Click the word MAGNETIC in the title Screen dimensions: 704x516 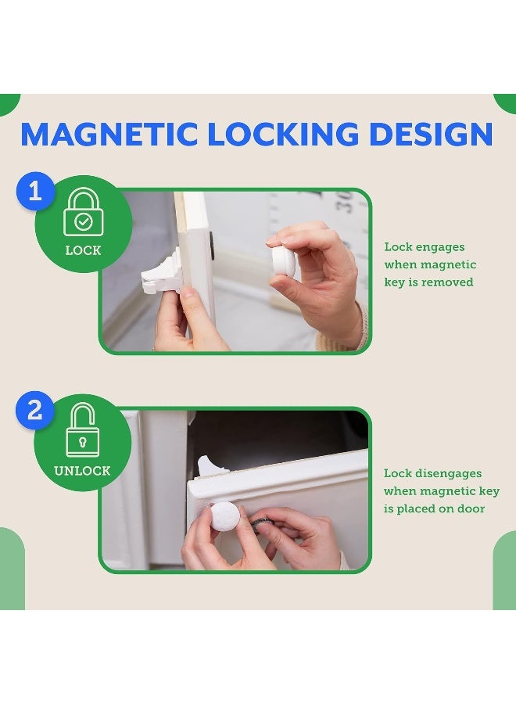pyautogui.click(x=109, y=135)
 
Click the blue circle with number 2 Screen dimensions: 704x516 pyautogui.click(x=35, y=411)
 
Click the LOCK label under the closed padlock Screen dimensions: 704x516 pyautogui.click(x=83, y=251)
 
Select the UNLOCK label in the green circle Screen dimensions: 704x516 pyautogui.click(x=82, y=471)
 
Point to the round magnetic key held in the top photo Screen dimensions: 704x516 pyautogui.click(x=282, y=261)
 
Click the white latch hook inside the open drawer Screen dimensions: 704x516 pyautogui.click(x=210, y=466)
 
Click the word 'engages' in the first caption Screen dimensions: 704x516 pyautogui.click(x=441, y=247)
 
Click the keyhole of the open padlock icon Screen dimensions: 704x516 pyautogui.click(x=83, y=443)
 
